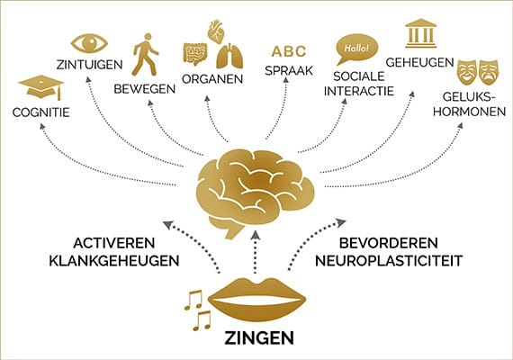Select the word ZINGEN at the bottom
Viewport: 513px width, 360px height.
click(x=259, y=338)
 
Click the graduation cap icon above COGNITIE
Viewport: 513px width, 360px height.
click(x=41, y=87)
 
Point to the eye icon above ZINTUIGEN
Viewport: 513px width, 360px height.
click(x=89, y=43)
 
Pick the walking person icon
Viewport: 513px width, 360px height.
click(x=145, y=54)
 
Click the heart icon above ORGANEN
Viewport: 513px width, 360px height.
click(x=216, y=31)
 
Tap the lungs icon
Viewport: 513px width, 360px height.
click(x=230, y=56)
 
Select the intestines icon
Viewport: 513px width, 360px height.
click(x=195, y=54)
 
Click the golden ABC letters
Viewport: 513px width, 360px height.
click(x=289, y=51)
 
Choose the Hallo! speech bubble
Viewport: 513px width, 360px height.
click(x=356, y=49)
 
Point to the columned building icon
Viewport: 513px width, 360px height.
click(x=420, y=33)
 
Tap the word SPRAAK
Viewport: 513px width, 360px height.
click(x=289, y=71)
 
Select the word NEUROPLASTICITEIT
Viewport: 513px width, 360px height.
click(x=389, y=261)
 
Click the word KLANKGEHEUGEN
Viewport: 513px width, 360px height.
click(x=114, y=261)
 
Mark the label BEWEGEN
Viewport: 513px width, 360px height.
click(x=145, y=89)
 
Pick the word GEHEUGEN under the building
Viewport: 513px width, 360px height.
click(x=419, y=62)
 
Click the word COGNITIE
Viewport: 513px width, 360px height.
click(x=40, y=112)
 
